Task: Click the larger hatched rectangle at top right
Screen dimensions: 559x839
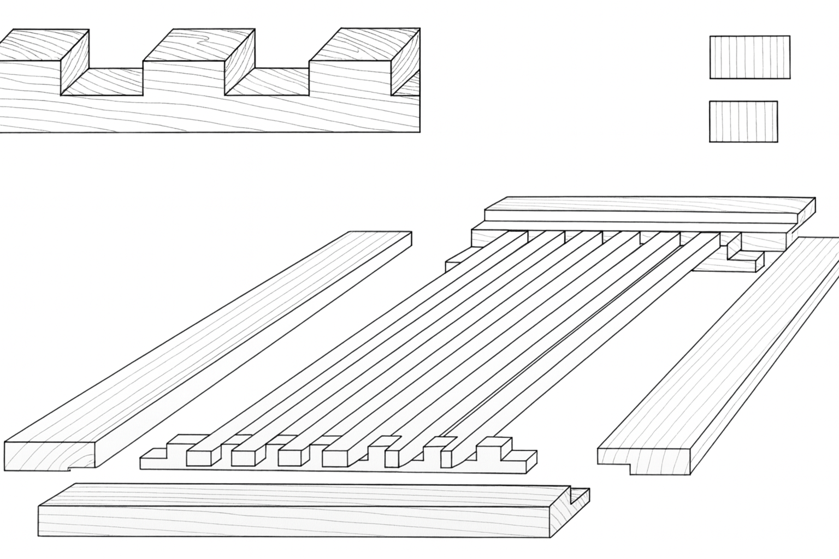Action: click(x=749, y=57)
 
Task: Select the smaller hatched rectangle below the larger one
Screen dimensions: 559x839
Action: click(x=743, y=121)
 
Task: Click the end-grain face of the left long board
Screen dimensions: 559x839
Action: click(x=50, y=454)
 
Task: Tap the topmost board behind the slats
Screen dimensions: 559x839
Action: click(x=645, y=209)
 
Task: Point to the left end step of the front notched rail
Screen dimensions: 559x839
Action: click(x=154, y=457)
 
